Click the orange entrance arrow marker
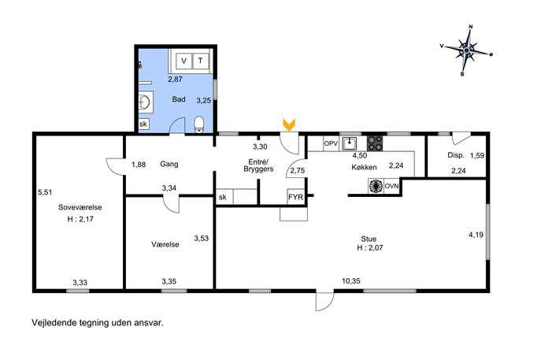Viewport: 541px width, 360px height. (x=289, y=124)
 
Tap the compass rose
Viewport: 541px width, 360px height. (x=466, y=50)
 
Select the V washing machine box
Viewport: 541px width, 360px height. (x=184, y=61)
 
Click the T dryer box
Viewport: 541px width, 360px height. (x=201, y=61)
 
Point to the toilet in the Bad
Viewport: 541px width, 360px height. (x=199, y=124)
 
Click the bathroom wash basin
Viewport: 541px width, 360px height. (x=145, y=102)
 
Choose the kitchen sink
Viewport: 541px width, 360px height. (x=350, y=143)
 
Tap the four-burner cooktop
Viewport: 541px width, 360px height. (x=375, y=143)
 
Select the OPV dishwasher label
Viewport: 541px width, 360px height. (x=331, y=143)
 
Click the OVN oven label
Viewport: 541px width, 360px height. (x=391, y=186)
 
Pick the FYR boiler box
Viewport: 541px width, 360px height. (x=295, y=197)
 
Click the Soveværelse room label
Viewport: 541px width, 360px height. (x=80, y=207)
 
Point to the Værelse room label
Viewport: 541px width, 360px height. (x=165, y=244)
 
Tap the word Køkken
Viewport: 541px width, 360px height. (x=364, y=168)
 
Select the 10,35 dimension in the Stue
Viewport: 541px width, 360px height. (x=351, y=281)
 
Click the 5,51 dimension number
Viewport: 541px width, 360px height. (x=45, y=192)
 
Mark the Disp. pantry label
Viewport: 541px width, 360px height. (x=456, y=155)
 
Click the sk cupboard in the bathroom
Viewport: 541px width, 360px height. (x=143, y=124)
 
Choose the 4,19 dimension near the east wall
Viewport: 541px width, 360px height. (x=476, y=235)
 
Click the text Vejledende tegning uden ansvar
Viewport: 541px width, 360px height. (x=98, y=323)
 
